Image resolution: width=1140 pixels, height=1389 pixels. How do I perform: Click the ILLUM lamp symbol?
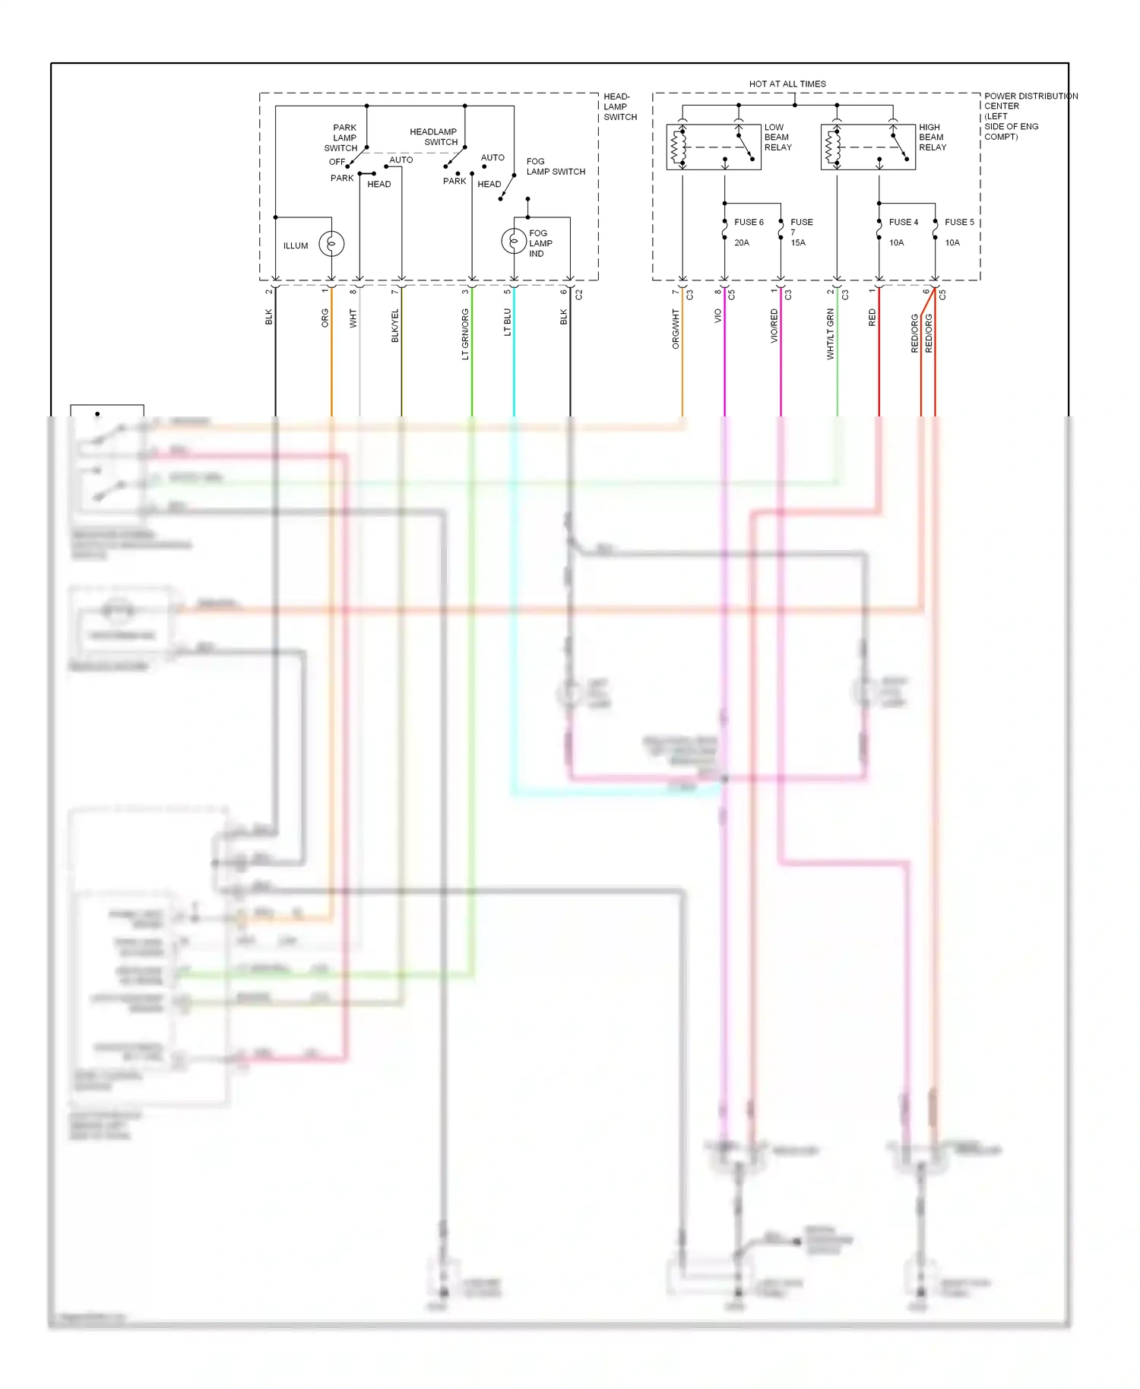point(331,243)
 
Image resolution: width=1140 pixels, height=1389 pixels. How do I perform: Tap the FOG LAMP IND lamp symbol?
point(514,241)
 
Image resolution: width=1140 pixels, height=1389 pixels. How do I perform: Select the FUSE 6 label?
point(749,223)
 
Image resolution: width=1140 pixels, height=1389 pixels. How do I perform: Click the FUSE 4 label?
point(904,223)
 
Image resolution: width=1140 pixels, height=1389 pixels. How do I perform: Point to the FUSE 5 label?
point(959,223)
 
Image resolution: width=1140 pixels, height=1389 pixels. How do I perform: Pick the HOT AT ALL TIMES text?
point(787,84)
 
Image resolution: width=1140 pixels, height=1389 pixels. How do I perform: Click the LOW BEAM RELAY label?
point(777,138)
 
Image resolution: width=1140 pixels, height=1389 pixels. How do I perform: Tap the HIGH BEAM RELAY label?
point(932,138)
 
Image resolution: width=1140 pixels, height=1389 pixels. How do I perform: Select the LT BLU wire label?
point(508,322)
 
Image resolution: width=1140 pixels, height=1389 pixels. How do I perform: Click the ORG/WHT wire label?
point(676,328)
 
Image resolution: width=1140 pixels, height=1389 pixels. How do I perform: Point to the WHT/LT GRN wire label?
point(831,334)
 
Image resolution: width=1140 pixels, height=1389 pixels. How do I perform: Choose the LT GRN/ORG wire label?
point(465,334)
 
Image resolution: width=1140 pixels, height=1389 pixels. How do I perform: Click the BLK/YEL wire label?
point(395,325)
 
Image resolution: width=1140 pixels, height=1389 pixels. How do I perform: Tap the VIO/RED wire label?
point(774,325)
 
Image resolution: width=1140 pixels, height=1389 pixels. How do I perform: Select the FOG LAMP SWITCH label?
point(556,166)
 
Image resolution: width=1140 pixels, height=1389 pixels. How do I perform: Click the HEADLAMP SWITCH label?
point(434,137)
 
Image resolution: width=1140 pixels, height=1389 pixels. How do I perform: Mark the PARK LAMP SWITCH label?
point(343,138)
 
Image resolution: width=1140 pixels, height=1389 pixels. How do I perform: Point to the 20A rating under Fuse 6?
point(742,243)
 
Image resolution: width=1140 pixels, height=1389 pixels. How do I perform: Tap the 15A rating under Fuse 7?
point(798,243)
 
